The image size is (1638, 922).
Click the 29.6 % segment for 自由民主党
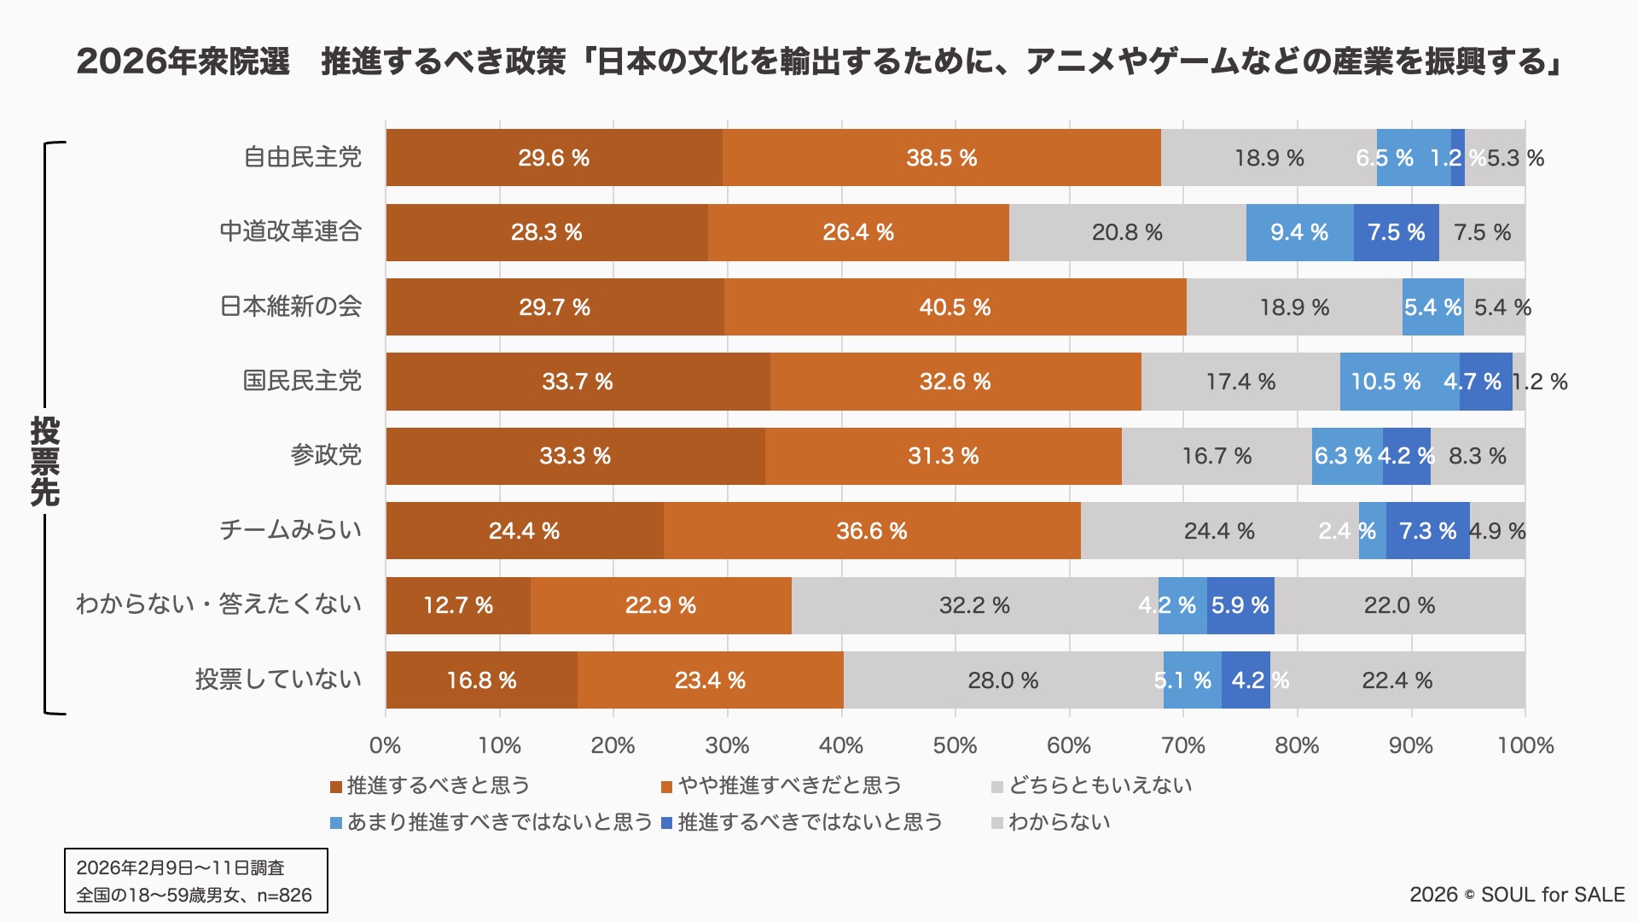click(x=554, y=158)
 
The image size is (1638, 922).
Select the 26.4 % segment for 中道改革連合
click(x=858, y=232)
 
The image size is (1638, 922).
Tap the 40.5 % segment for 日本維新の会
click(x=955, y=307)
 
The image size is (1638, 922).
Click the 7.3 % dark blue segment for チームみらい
click(x=1427, y=531)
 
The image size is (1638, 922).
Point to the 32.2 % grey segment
click(x=974, y=605)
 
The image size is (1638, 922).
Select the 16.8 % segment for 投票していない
click(x=481, y=680)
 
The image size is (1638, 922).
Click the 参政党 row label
click(x=326, y=456)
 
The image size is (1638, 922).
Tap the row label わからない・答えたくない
click(x=218, y=604)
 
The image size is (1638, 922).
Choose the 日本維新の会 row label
click(x=291, y=306)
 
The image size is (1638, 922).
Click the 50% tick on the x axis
click(x=955, y=745)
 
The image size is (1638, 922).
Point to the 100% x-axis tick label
click(x=1525, y=745)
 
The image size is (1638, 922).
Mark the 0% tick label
click(x=386, y=745)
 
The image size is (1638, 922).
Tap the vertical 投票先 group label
click(x=44, y=461)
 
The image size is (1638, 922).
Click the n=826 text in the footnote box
click(x=284, y=896)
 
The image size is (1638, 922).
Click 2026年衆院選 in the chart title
click(x=183, y=61)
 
